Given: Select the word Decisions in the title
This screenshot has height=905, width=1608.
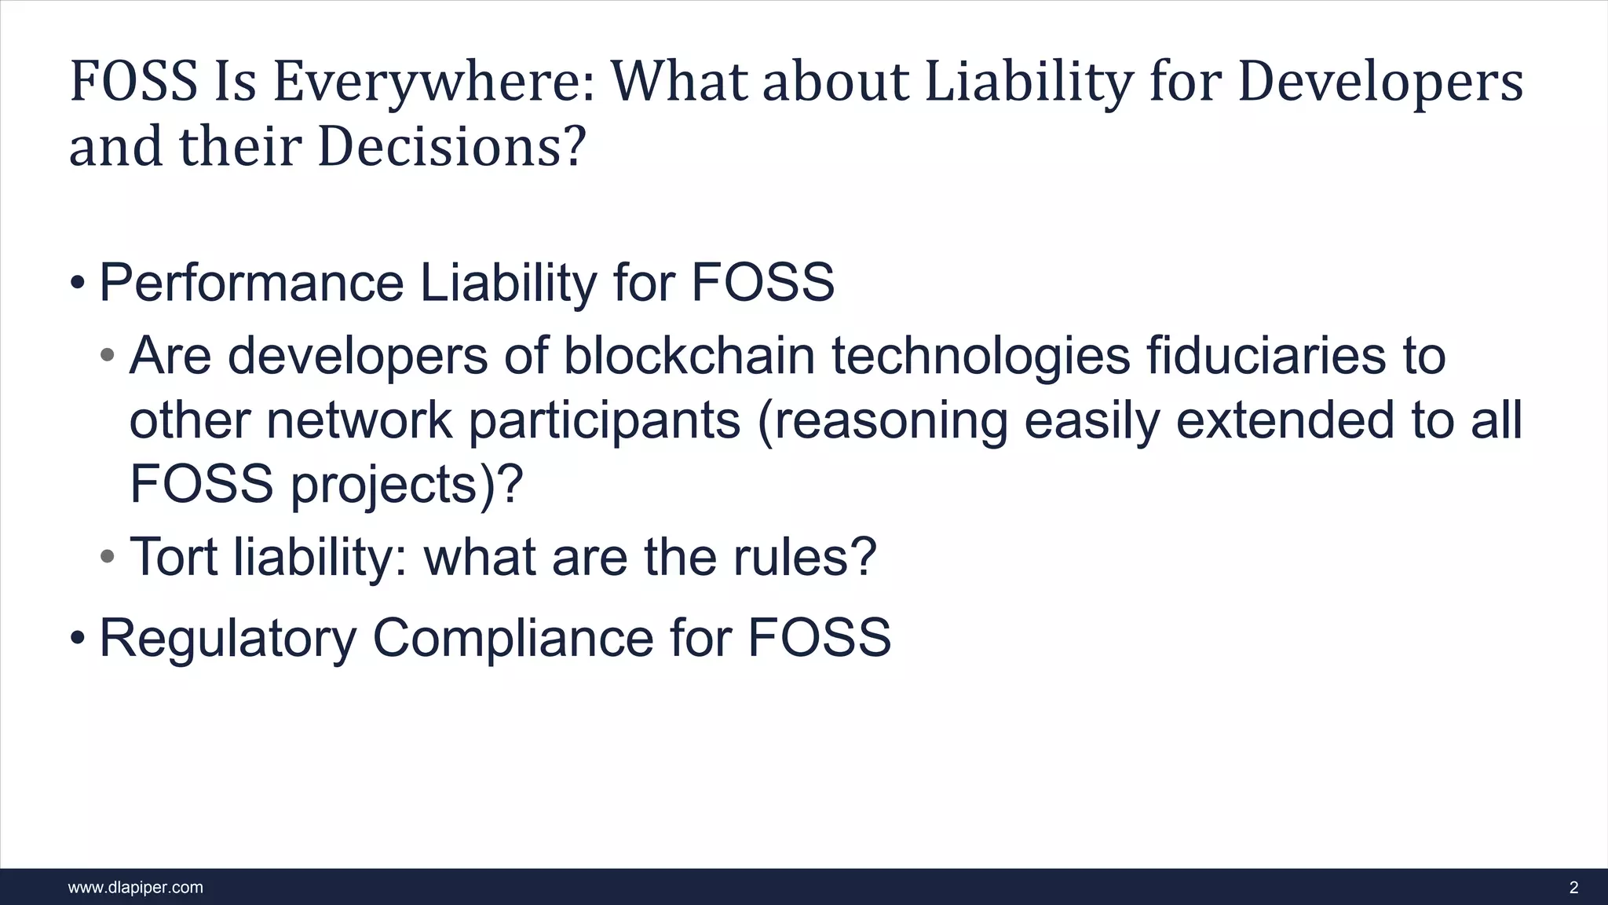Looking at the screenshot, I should (443, 148).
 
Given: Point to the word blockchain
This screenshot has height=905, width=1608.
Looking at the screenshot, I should (689, 355).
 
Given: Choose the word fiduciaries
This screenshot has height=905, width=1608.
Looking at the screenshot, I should (1266, 355).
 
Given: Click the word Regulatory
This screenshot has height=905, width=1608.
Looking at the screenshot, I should (228, 638).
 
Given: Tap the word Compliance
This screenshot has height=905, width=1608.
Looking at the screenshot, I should (513, 638).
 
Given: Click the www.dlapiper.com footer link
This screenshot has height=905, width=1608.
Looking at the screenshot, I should (136, 888).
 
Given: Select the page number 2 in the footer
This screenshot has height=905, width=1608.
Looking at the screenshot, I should (1573, 888).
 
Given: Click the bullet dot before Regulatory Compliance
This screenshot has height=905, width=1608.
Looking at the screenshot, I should (77, 638).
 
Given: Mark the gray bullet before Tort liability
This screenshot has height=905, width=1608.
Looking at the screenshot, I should (108, 557).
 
